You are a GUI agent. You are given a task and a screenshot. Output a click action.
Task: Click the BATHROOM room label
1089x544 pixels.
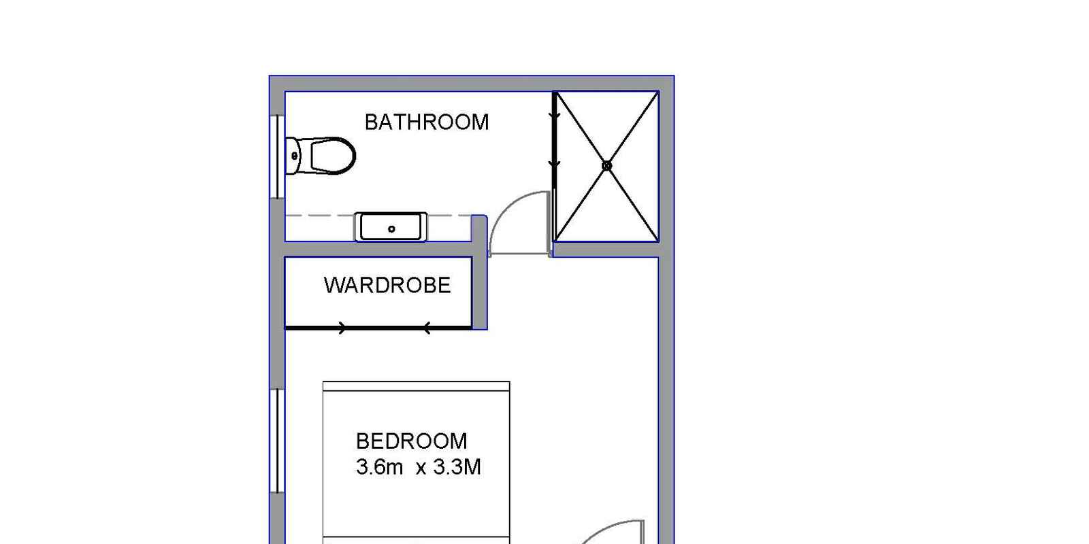coord(426,122)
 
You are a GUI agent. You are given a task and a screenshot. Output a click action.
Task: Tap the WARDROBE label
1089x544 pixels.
coord(387,285)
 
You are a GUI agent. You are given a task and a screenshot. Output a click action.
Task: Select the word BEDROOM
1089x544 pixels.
coord(411,441)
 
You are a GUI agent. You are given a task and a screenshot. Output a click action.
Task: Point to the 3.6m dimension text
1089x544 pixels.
coord(379,466)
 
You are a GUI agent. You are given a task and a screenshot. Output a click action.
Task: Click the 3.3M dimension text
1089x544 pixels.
coord(457,466)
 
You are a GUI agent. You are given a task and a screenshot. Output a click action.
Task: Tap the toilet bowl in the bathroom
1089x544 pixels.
coord(333,156)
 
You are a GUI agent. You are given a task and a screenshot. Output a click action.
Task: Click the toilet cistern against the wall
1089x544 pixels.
coord(293,156)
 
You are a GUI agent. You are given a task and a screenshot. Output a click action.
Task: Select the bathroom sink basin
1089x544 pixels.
coord(391,227)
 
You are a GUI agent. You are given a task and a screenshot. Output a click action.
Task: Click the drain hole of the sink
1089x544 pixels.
coord(391,228)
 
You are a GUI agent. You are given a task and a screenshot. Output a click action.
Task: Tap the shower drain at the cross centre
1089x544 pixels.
coord(606,166)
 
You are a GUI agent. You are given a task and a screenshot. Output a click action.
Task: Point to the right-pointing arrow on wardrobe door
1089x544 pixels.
coord(342,328)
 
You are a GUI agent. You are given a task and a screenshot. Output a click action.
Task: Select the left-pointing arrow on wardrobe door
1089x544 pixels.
coord(426,328)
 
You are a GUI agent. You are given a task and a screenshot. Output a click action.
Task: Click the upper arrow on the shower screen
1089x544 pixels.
coord(554,116)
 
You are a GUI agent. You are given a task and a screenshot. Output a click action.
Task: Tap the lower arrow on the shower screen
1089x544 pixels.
coord(554,164)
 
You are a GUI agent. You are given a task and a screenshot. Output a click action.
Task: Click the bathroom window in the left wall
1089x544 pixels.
coord(277,156)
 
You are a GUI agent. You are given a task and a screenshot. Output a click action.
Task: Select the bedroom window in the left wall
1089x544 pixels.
coord(277,441)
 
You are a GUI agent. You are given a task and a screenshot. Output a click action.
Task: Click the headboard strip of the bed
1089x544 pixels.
coord(416,387)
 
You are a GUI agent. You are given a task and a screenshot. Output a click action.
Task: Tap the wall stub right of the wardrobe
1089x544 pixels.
coord(479,272)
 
